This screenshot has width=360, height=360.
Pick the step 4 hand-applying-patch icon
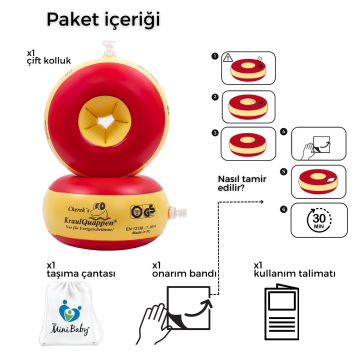[x=321, y=144]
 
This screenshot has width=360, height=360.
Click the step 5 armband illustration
[x=320, y=183]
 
